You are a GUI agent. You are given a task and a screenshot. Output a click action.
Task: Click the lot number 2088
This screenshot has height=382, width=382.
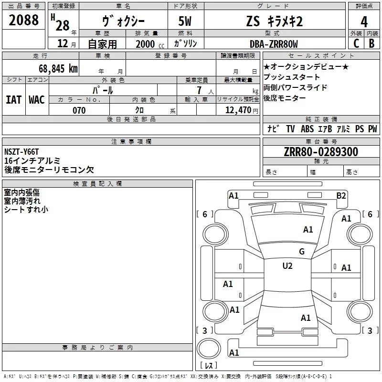click(24, 20)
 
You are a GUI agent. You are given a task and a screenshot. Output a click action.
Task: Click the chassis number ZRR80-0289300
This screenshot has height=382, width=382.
click(321, 152)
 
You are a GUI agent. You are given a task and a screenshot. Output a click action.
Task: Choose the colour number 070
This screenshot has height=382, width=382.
click(79, 111)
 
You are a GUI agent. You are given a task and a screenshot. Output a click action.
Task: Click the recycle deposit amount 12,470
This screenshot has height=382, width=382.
click(235, 111)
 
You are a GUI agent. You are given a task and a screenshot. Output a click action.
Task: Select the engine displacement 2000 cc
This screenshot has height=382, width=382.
click(147, 44)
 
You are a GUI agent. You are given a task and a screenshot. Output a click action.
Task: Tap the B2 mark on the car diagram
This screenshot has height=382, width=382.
click(341, 195)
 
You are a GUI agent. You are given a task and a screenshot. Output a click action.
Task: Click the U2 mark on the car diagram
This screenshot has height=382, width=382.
click(287, 266)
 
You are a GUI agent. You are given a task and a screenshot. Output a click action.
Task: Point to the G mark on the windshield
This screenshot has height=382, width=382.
click(302, 252)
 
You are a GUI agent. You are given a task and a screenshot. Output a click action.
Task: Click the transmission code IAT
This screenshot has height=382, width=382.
click(13, 100)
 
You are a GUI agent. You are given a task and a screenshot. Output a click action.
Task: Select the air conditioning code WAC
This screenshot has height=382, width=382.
click(36, 100)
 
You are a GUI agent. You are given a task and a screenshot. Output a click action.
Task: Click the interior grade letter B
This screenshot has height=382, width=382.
click(371, 43)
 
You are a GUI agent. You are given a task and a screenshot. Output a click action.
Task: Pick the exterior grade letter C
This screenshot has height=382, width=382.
click(355, 43)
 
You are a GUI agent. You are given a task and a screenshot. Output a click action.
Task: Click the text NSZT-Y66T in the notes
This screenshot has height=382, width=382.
click(22, 152)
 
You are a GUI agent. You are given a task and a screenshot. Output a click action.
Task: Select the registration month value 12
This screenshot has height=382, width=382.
click(62, 44)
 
